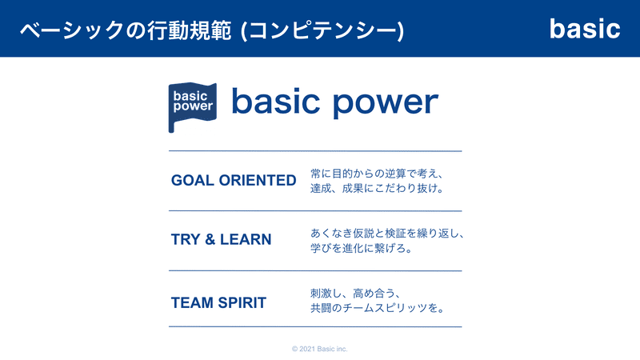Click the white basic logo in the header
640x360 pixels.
585,29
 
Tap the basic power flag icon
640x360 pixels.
192,107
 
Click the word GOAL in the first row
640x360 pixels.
192,181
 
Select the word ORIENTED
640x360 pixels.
258,181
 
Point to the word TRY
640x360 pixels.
186,239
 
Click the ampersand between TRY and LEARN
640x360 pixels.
210,239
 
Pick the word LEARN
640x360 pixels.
246,239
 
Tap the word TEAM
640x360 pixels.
192,303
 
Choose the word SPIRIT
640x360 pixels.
242,303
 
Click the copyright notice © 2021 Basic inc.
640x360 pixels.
319,349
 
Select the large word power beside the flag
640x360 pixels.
386,103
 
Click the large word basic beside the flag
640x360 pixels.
275,101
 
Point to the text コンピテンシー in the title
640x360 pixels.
322,30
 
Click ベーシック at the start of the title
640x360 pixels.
72,30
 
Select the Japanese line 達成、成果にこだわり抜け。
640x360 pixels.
377,189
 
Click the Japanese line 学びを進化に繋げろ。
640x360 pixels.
362,248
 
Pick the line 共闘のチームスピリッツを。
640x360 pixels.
378,308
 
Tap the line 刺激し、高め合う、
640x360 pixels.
355,293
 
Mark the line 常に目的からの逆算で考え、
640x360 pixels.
377,174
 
